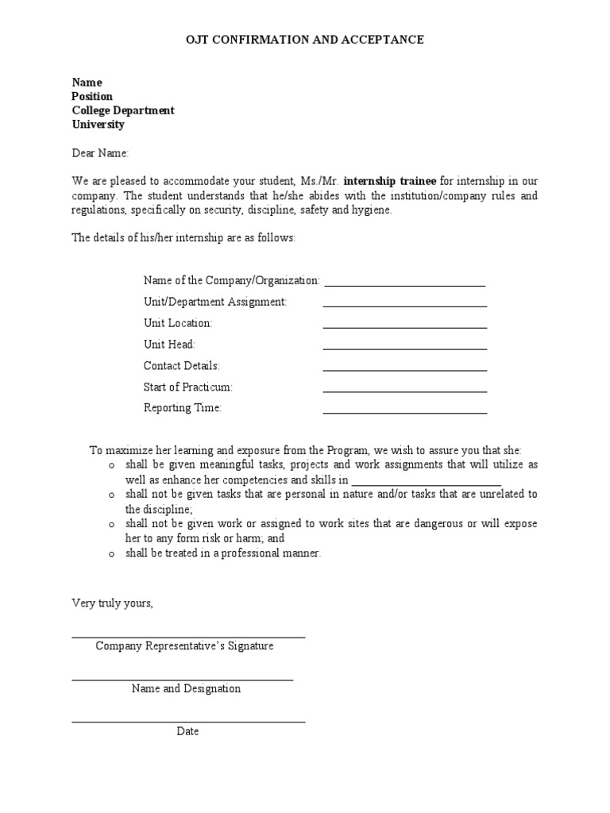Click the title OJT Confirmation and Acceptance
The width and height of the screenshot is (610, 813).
pos(304,40)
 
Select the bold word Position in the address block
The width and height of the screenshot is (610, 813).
pos(92,96)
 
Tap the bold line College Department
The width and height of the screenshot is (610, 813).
pos(123,110)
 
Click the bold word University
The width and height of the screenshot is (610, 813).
pos(98,125)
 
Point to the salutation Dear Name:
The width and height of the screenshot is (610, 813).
pos(100,153)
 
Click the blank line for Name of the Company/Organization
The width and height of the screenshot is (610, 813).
pos(404,283)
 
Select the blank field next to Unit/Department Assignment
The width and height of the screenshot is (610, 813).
pos(404,305)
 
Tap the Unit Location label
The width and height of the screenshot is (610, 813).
pos(178,323)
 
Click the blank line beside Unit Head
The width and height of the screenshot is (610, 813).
pos(404,348)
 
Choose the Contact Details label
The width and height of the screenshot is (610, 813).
pos(181,366)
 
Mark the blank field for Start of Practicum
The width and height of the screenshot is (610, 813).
pos(404,391)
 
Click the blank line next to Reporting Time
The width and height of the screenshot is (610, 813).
pos(404,412)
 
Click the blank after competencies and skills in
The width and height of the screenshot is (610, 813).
pos(426,483)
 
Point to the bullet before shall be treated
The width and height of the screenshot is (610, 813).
pos(112,554)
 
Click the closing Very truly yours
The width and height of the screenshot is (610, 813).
pos(112,603)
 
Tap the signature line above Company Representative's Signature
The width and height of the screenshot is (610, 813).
pos(188,636)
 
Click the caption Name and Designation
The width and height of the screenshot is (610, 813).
pos(186,688)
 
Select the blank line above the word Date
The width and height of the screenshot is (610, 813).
pos(188,721)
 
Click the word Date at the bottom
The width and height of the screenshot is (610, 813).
pos(187,731)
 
